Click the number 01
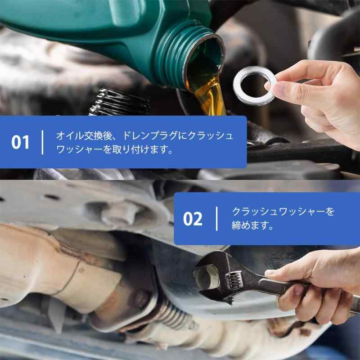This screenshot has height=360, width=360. point(20,142)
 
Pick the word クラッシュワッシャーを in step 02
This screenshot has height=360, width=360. point(283,211)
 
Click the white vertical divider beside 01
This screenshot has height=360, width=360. point(43,142)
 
